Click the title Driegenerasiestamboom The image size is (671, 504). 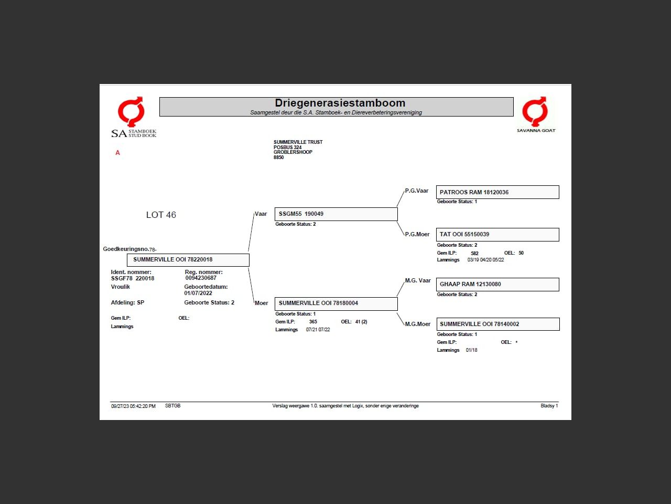[x=340, y=103]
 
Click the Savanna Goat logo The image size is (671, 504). [x=536, y=114]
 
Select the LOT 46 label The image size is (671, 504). [x=161, y=215]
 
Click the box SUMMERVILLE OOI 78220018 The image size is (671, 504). [x=188, y=260]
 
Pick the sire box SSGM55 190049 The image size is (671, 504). [x=335, y=214]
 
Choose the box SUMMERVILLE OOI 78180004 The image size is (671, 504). [x=335, y=303]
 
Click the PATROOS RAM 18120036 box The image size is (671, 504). [x=497, y=192]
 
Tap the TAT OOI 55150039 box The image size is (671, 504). [x=497, y=235]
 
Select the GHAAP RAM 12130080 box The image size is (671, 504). [x=497, y=285]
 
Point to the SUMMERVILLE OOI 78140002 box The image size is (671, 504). [x=497, y=324]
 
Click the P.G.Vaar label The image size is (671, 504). [x=416, y=191]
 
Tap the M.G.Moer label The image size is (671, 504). [x=417, y=324]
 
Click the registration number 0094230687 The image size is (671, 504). [x=201, y=278]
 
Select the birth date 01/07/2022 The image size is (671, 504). [x=198, y=293]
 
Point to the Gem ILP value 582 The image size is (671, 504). [x=474, y=254]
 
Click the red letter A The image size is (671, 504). [x=117, y=153]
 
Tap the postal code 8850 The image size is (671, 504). [x=278, y=157]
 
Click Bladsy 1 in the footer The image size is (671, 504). [x=549, y=406]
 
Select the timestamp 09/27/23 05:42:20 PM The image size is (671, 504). [x=133, y=406]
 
